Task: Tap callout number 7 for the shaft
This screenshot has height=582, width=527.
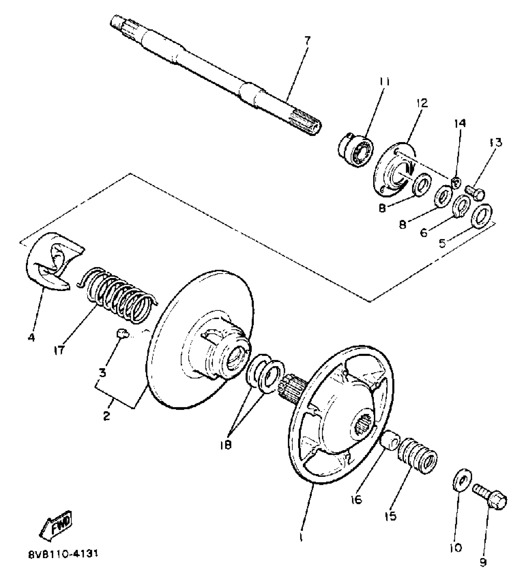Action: pyautogui.click(x=307, y=40)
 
